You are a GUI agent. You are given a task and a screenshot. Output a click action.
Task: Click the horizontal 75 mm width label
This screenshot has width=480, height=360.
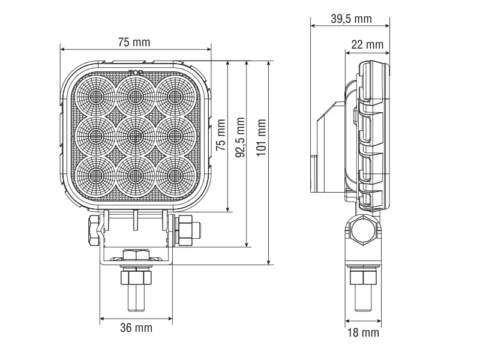[134, 42]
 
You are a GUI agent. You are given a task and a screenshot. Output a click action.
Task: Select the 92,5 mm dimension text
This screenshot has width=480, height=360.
[241, 137]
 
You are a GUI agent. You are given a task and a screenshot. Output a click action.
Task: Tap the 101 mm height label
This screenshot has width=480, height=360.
[261, 137]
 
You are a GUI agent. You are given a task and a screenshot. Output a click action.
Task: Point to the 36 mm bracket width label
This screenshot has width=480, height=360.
[135, 328]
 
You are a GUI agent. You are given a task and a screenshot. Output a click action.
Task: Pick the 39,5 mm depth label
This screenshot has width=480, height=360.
[351, 19]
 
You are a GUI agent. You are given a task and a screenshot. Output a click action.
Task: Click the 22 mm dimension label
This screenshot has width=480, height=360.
[367, 44]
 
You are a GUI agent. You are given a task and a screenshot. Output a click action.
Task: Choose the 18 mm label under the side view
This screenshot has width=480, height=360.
[363, 332]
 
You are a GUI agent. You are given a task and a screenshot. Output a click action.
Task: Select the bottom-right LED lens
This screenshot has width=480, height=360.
[175, 174]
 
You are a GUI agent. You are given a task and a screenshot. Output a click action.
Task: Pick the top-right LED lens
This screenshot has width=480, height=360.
[175, 96]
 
